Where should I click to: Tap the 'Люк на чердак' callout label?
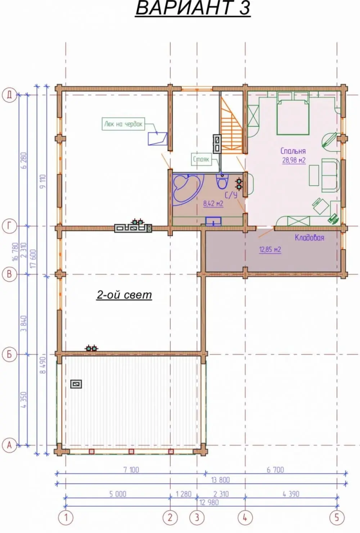point(123,124)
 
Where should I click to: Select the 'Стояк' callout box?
point(201,159)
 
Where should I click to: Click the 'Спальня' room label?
point(293,151)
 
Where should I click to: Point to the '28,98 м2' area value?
point(294,160)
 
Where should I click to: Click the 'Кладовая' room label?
point(310,238)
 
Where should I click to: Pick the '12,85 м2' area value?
point(270,250)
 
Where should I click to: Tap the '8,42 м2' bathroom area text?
point(213,204)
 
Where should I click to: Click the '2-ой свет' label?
point(124,295)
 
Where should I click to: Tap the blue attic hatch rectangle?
point(158,139)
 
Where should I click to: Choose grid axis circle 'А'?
point(9,445)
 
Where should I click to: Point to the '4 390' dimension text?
point(291,494)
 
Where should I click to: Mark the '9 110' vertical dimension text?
point(43,181)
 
